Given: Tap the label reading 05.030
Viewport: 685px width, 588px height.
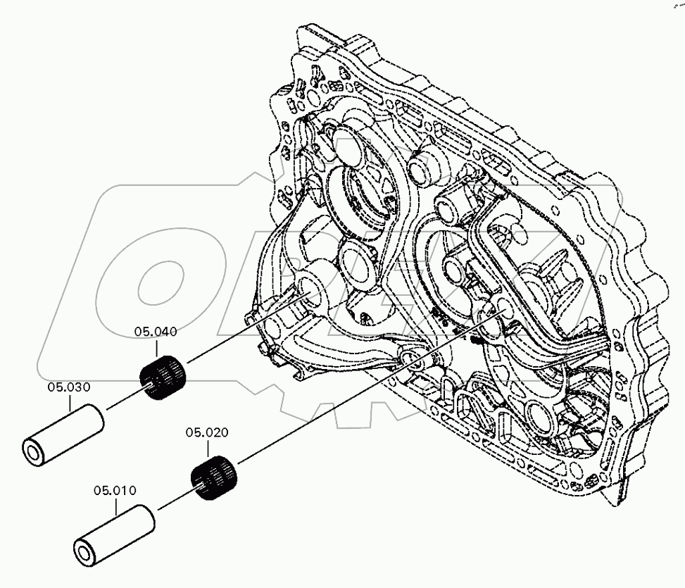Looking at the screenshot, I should [x=69, y=387].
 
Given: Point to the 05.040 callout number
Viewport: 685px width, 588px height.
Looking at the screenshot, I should [x=156, y=331].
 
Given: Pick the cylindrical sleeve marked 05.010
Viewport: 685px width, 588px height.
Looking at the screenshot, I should [x=113, y=535].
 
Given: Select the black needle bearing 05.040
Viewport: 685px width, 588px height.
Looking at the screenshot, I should [x=164, y=378].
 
